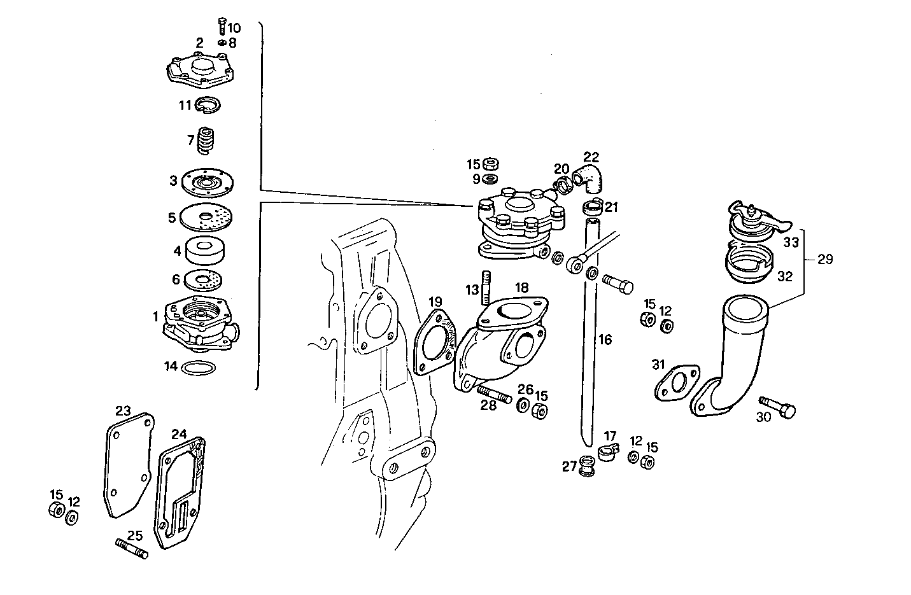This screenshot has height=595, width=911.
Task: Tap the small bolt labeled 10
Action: tap(222, 27)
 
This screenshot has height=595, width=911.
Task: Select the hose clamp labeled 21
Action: tap(592, 207)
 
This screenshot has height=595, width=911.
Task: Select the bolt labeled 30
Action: tap(778, 407)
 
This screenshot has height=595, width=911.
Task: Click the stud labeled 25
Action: tap(132, 548)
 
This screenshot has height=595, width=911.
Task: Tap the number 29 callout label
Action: tap(825, 260)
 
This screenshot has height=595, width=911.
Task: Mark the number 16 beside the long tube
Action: tap(605, 340)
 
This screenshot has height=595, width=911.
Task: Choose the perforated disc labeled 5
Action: tap(206, 218)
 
